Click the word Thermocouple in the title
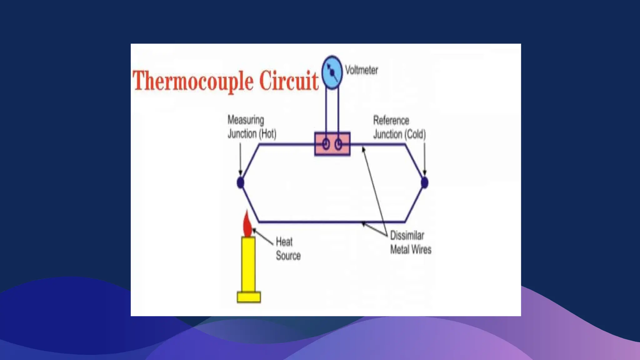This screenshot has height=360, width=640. [193, 81]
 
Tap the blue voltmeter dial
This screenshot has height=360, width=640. [332, 72]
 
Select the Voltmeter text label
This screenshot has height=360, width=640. [361, 70]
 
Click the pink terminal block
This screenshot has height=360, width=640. [332, 144]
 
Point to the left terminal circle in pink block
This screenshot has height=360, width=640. [326, 144]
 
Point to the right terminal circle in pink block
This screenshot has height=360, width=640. [338, 144]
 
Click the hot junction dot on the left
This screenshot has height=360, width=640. [240, 182]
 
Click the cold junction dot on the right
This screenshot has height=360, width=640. [424, 182]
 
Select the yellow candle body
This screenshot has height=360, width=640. [248, 264]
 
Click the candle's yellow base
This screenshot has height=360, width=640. [249, 297]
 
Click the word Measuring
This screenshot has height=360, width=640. [246, 120]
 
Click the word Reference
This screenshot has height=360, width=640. [391, 120]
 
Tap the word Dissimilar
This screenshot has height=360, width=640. [407, 235]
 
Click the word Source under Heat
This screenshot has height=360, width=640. [288, 256]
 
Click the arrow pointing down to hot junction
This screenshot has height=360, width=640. [240, 159]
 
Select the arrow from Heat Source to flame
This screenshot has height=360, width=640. [263, 237]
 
